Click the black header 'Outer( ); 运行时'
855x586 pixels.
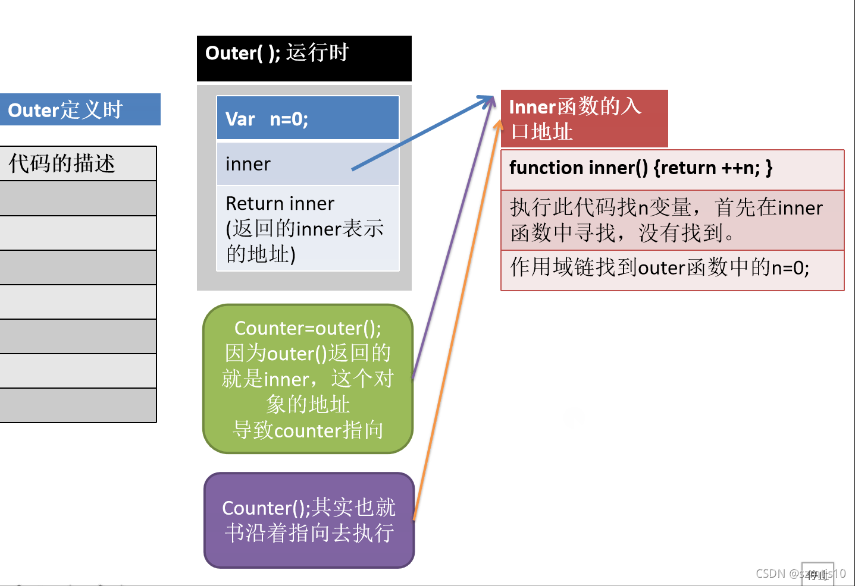click(303, 58)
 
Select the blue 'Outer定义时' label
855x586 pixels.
click(80, 110)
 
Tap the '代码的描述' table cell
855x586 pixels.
click(77, 163)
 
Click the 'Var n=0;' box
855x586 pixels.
click(307, 118)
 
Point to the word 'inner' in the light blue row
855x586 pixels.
click(248, 164)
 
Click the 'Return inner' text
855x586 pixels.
click(280, 204)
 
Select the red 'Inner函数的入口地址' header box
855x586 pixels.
click(583, 118)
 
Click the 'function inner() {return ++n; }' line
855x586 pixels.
click(641, 168)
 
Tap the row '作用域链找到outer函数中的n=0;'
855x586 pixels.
click(660, 268)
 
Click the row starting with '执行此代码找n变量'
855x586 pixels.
click(666, 220)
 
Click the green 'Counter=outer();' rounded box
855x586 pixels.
click(307, 379)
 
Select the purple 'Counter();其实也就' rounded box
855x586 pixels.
click(308, 520)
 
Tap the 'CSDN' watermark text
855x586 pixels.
click(771, 573)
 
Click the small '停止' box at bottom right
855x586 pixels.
click(818, 574)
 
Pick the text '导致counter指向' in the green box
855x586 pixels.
click(308, 430)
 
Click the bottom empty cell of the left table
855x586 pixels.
click(77, 405)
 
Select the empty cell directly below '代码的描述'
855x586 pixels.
click(77, 199)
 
